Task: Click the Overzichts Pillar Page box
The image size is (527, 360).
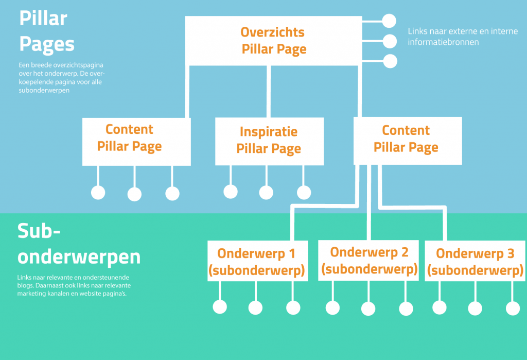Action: pos(274,41)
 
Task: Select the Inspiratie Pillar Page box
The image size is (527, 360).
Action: pos(269,141)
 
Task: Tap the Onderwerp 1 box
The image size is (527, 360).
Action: pos(258,261)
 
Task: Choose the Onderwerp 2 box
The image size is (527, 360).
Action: pos(368,261)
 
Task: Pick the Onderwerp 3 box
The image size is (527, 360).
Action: pos(475,261)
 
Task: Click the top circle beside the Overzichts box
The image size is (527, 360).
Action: pos(389,21)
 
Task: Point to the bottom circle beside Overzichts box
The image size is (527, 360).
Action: pos(390,61)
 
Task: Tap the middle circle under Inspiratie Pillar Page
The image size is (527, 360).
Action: pos(266,193)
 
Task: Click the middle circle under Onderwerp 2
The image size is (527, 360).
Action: pos(368,308)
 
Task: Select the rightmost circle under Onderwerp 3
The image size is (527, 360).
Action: pos(513,308)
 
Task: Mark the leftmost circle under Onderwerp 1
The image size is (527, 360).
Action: pos(220,307)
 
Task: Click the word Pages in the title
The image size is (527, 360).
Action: pos(47,45)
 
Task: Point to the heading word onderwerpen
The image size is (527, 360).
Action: pos(79,257)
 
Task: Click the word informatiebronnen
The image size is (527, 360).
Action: pos(443,42)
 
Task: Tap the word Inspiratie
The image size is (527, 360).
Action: pos(269,132)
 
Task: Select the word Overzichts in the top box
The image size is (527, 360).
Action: pos(273,32)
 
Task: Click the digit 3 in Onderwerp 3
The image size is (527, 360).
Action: pos(511,253)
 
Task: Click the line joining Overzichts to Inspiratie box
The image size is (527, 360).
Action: pos(269,92)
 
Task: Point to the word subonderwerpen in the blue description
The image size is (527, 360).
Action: pos(44,90)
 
